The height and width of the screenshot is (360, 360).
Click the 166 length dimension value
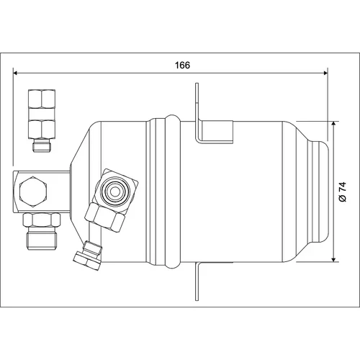(182, 65)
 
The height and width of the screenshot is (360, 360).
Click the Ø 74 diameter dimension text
(343, 192)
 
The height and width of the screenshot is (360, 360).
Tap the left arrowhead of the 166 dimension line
(15, 73)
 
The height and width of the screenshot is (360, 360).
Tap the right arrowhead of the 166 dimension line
(325, 73)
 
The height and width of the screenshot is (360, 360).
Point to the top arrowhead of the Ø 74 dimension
(333, 124)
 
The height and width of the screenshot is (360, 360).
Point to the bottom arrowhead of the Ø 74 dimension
(333, 259)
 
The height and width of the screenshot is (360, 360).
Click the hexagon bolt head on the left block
(33, 192)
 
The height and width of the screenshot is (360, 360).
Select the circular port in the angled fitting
(115, 191)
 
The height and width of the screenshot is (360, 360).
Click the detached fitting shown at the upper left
(42, 120)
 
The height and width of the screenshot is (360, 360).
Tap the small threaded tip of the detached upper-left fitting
(42, 145)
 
